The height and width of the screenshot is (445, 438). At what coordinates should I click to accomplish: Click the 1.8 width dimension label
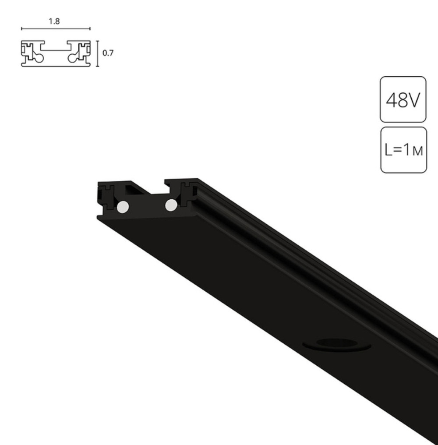tap(54, 21)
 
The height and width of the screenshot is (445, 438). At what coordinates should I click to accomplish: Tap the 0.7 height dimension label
tap(108, 53)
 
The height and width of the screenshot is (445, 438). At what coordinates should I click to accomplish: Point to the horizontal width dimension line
tap(56, 28)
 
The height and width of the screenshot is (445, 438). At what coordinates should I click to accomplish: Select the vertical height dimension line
tap(98, 53)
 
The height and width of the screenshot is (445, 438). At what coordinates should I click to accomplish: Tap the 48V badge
tap(403, 99)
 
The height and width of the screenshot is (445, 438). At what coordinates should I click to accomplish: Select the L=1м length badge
tap(404, 150)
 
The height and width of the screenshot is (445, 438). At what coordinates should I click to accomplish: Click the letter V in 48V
tap(414, 100)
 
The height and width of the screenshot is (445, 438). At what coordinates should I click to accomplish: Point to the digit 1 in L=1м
tap(407, 149)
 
